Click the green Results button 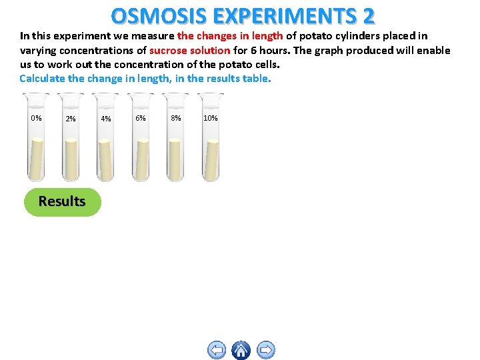[x=62, y=201]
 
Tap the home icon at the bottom [x=241, y=349]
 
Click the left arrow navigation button [x=216, y=349]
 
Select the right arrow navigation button [x=265, y=349]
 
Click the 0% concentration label [x=36, y=119]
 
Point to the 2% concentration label [x=71, y=119]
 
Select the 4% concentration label [x=105, y=119]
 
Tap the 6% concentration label [x=141, y=119]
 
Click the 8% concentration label [x=175, y=119]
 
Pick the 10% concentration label [x=210, y=119]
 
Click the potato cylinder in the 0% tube [x=37, y=160]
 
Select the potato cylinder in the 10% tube [x=211, y=160]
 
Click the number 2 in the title [x=367, y=15]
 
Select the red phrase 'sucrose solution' [x=190, y=51]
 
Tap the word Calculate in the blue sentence [x=43, y=79]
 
